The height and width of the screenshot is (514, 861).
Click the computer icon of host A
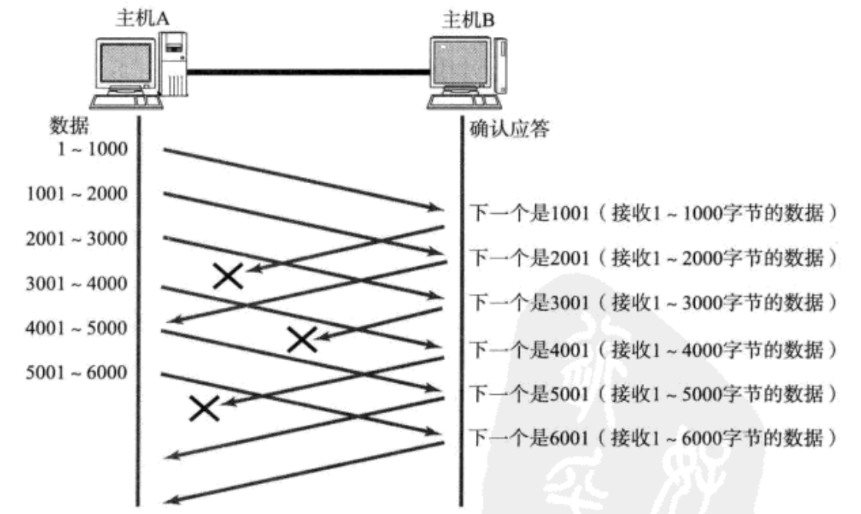pos(139,69)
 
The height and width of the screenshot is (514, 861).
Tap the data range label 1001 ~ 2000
pos(77,193)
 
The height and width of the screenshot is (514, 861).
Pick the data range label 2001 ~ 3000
pos(77,239)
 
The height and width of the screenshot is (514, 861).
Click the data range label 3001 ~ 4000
pos(77,284)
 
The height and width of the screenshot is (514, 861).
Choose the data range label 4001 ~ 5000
pos(77,329)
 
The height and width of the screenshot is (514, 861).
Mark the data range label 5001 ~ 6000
pos(77,374)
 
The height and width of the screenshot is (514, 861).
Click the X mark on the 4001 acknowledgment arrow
pos(302,339)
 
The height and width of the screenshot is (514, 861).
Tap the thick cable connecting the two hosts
pos(307,72)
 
